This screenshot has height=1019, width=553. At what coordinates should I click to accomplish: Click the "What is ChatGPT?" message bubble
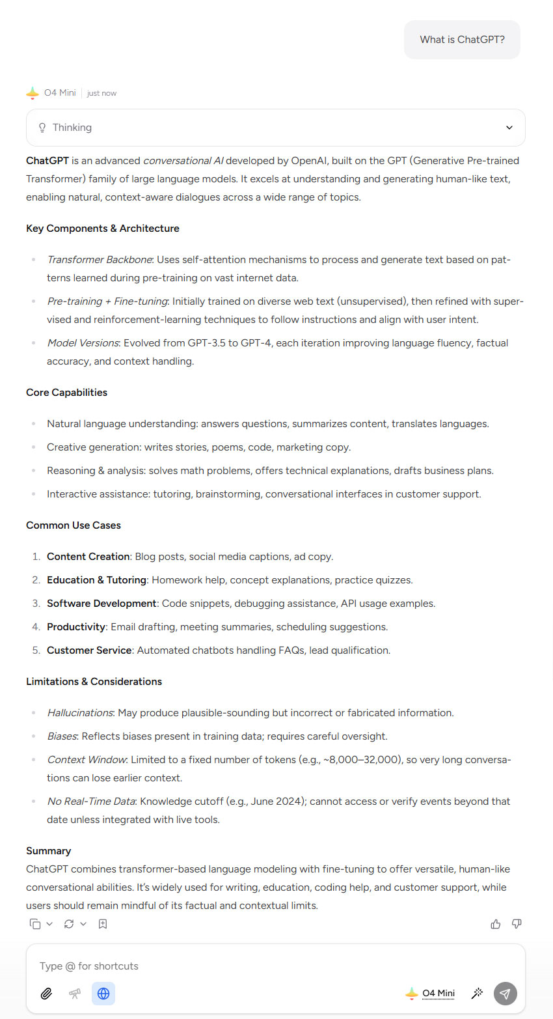[x=462, y=40]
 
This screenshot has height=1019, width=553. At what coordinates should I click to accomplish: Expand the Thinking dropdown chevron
[x=509, y=128]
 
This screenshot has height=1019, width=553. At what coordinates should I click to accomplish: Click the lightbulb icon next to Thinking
[x=42, y=128]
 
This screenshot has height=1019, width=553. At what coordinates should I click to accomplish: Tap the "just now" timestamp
[x=101, y=93]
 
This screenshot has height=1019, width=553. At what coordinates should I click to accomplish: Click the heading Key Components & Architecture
[x=102, y=229]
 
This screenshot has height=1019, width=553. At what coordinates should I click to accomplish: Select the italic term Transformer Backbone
[x=99, y=260]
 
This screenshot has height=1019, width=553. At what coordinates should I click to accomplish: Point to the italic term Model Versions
[x=83, y=343]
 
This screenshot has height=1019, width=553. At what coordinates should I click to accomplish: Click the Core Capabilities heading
[x=66, y=393]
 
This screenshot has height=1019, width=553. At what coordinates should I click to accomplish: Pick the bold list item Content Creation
[x=88, y=557]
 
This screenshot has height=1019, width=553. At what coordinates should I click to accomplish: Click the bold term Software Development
[x=101, y=604]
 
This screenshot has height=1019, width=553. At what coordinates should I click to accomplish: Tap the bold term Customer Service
[x=89, y=650]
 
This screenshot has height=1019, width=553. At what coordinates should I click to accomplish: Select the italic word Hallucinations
[x=80, y=713]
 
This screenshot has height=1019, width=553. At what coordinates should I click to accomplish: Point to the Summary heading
[x=48, y=851]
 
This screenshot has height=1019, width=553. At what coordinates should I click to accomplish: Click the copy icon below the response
[x=35, y=924]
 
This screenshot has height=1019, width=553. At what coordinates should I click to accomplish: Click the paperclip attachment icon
[x=46, y=994]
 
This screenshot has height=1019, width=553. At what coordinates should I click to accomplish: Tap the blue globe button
[x=103, y=994]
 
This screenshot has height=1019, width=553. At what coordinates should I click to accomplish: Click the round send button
[x=505, y=994]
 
